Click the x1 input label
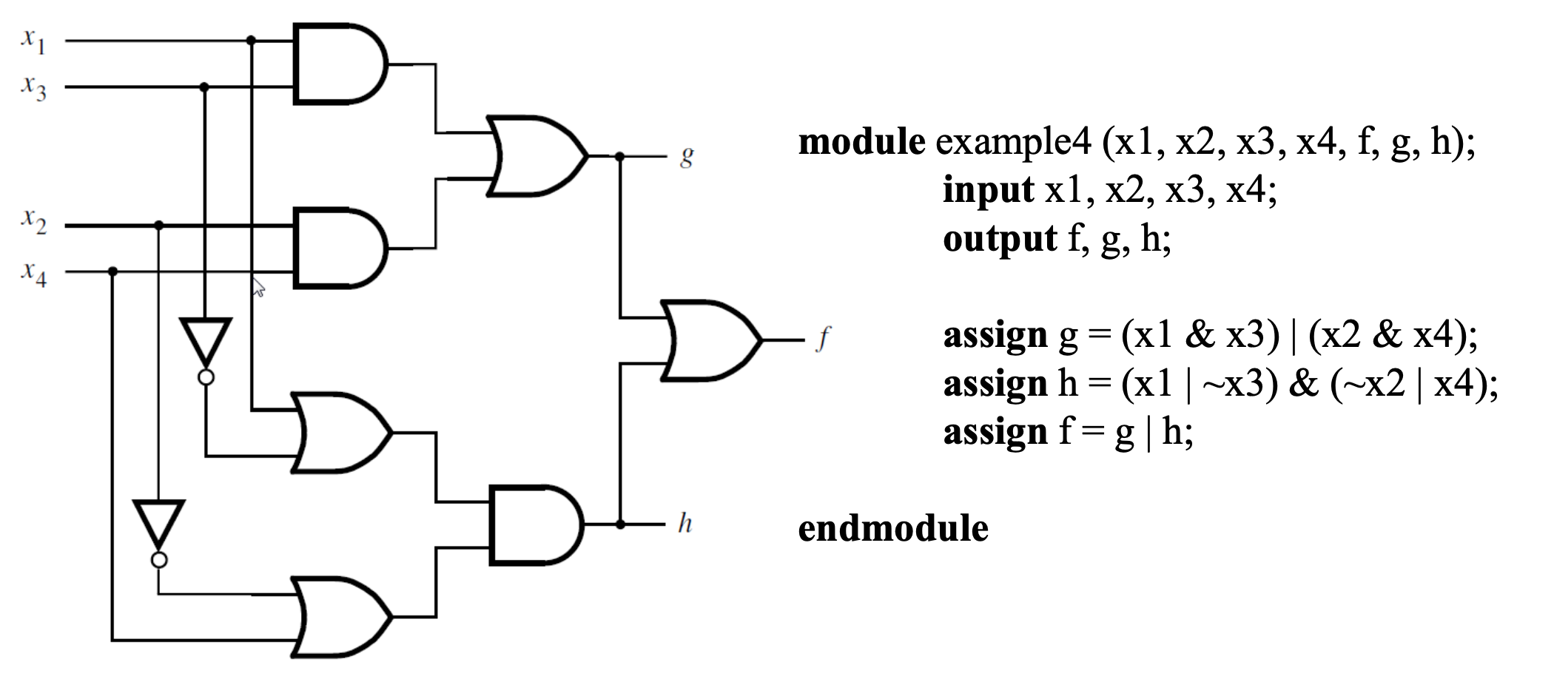(33, 41)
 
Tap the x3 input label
(33, 88)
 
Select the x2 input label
(33, 221)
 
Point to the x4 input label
(33, 274)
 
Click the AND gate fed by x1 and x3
(340, 64)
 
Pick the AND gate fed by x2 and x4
(340, 248)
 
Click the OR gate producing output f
(710, 340)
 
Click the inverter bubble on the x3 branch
(206, 377)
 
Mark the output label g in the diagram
(687, 158)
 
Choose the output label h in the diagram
(685, 523)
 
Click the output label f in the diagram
(823, 339)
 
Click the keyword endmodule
(893, 528)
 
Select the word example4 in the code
(1013, 143)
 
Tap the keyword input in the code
(988, 191)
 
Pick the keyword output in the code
(999, 239)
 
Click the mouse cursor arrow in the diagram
(258, 287)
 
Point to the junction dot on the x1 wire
(251, 41)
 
